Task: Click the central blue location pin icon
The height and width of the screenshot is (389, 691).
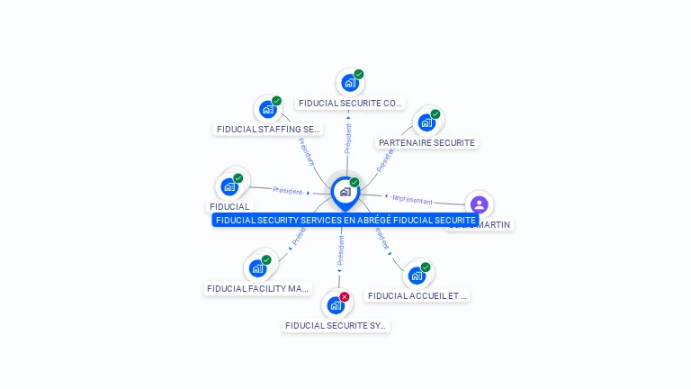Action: [345, 192]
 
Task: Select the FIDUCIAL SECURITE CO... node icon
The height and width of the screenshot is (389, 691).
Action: [349, 83]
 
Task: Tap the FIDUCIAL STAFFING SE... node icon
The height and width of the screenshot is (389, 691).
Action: [267, 109]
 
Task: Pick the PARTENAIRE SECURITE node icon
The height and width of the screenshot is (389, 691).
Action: [426, 122]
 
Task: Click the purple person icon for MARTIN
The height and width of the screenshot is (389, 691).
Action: [479, 204]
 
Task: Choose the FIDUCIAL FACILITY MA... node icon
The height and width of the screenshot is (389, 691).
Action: [257, 267]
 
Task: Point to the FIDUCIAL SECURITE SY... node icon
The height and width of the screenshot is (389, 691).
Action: [336, 304]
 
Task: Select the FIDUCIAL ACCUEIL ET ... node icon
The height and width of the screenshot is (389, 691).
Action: [417, 275]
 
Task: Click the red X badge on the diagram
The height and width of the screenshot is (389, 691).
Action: [345, 296]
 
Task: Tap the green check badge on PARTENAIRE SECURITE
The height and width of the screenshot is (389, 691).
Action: [435, 114]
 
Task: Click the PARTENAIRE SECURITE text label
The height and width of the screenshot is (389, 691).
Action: [426, 142]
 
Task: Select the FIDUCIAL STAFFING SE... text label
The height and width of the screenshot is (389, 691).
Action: [268, 130]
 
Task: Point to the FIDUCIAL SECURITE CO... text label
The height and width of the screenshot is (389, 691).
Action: [350, 104]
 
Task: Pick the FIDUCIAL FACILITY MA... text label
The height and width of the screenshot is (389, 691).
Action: [257, 289]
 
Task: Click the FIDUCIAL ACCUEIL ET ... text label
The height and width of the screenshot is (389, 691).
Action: [417, 295]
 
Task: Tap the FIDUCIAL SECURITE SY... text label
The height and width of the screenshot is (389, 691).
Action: [336, 326]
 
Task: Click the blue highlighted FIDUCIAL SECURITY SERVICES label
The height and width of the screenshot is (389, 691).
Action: [345, 220]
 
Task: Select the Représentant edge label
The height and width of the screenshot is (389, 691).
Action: [412, 199]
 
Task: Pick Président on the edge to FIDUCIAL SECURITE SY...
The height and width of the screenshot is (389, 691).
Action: [341, 251]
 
